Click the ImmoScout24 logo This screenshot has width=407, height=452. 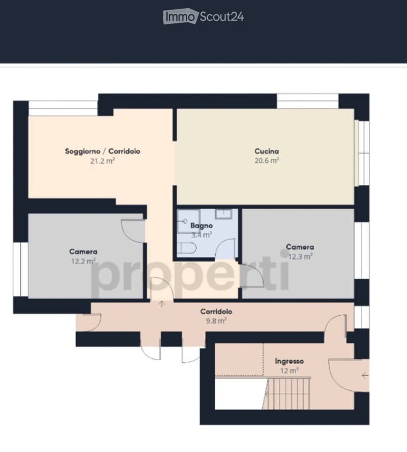click(203, 16)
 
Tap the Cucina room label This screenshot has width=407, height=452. click(267, 151)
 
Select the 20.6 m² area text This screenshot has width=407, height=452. click(267, 160)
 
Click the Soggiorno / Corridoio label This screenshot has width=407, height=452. click(103, 151)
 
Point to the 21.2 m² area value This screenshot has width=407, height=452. click(103, 161)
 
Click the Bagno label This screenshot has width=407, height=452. click(201, 225)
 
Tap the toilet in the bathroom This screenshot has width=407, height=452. click(187, 248)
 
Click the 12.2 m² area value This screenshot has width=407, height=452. click(83, 261)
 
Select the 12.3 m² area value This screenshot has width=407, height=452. click(301, 256)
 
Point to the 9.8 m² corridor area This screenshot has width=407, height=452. click(216, 321)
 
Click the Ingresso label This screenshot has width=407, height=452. click(289, 361)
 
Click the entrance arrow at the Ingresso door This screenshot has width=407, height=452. click(365, 375)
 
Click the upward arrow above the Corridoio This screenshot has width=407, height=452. click(162, 303)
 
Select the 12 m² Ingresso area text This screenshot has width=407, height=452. click(289, 371)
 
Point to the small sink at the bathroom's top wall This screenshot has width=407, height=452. click(224, 214)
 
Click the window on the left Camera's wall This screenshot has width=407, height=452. click(20, 269)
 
